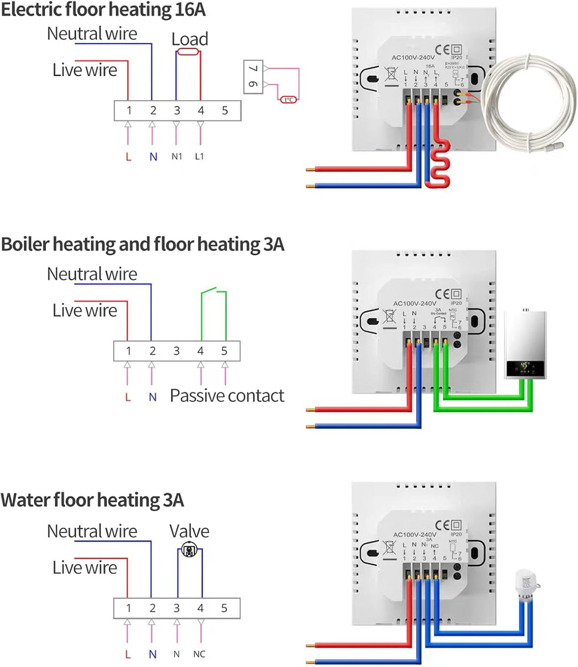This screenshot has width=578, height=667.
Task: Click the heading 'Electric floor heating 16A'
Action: coord(103,10)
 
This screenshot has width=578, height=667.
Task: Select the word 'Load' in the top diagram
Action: coord(189,39)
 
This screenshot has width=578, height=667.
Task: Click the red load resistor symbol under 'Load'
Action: coord(188,52)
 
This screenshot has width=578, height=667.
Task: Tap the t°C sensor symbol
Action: coord(288,100)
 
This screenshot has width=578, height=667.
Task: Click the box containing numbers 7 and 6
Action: coord(253,77)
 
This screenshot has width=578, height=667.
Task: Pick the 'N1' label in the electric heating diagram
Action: coord(177,156)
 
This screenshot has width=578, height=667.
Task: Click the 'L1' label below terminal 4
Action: coord(199,156)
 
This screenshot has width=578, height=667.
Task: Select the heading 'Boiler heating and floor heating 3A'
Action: coord(142,244)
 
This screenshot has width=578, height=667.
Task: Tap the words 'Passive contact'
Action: coord(227,396)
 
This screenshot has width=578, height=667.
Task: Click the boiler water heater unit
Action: coord(526,345)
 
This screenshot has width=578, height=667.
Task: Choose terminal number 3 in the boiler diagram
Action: coord(176,351)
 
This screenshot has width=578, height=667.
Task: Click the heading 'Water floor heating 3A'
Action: coord(92,500)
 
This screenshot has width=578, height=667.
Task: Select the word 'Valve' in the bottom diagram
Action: coord(189,531)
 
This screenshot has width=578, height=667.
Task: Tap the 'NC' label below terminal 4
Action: coord(199,654)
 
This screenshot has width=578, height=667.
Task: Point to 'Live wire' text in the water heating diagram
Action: coord(85,567)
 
